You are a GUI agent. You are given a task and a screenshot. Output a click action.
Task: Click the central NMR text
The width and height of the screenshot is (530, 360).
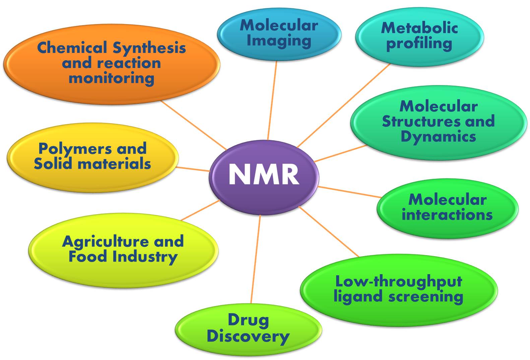264,174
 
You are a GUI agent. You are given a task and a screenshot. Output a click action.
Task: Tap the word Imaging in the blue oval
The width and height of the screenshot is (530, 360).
279,41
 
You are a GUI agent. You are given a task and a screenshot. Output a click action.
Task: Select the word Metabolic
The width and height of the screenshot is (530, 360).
419,28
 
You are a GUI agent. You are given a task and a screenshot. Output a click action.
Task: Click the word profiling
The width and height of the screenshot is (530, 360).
419,44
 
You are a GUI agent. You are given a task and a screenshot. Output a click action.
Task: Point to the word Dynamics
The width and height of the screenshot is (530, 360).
438,137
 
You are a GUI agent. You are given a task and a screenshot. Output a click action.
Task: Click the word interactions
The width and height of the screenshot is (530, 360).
447,214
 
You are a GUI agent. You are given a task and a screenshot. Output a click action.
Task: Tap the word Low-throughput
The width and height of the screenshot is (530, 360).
399,282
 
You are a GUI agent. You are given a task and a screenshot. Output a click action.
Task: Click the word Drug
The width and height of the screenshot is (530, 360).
248,320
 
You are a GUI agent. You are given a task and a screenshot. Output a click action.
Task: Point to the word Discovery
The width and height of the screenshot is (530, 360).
248,336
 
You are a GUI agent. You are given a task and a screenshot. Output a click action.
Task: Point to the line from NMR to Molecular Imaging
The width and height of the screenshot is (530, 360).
272,100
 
